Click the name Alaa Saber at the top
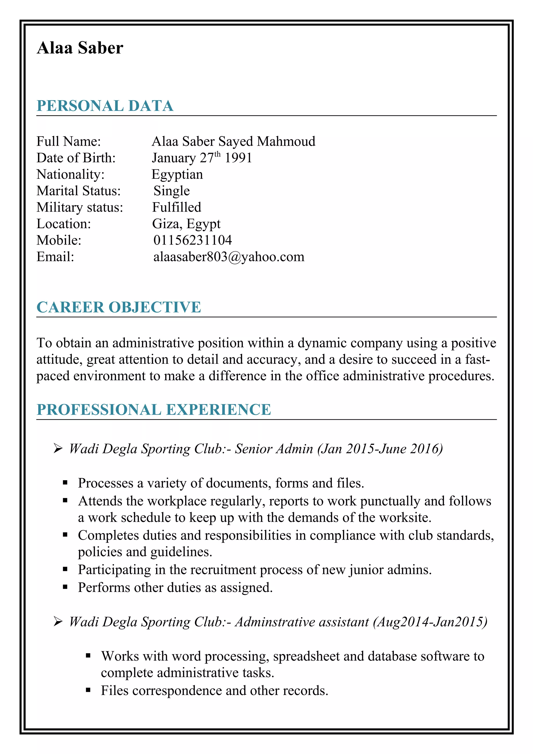[x=80, y=48]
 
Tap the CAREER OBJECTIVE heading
[x=119, y=307]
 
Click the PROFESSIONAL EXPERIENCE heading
[x=154, y=410]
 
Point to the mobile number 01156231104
[x=192, y=240]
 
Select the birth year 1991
[x=238, y=158]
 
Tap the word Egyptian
[x=177, y=174]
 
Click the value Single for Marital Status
[x=172, y=191]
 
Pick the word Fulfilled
[x=176, y=207]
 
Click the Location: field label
[x=64, y=224]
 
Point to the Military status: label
[x=79, y=207]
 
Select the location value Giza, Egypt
[x=186, y=224]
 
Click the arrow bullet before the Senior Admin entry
[x=58, y=448]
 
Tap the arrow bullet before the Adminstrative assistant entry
[x=58, y=621]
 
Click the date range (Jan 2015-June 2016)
[x=380, y=449]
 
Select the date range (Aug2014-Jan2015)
[x=430, y=622]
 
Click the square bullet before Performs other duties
[x=65, y=587]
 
